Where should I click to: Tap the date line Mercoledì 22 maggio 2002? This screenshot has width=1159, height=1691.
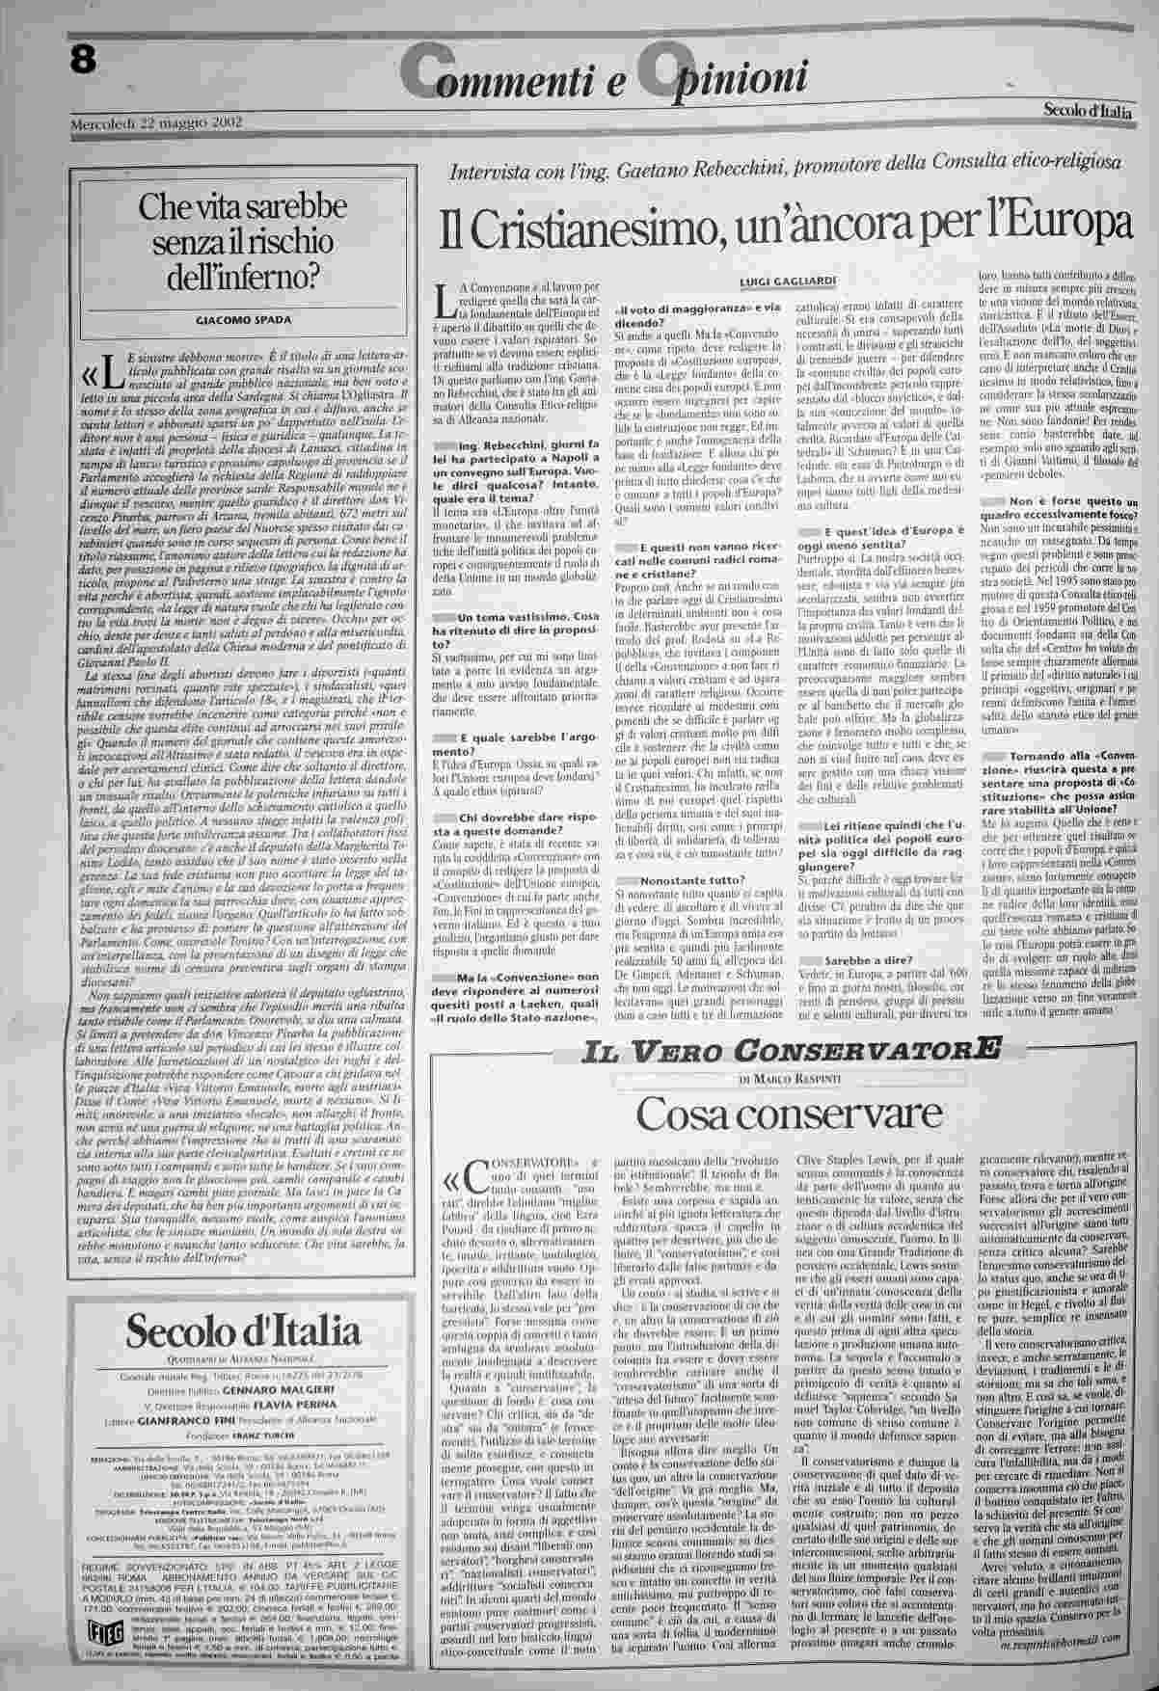coord(154,122)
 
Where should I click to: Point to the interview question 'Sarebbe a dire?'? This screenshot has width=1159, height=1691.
coord(864,935)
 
